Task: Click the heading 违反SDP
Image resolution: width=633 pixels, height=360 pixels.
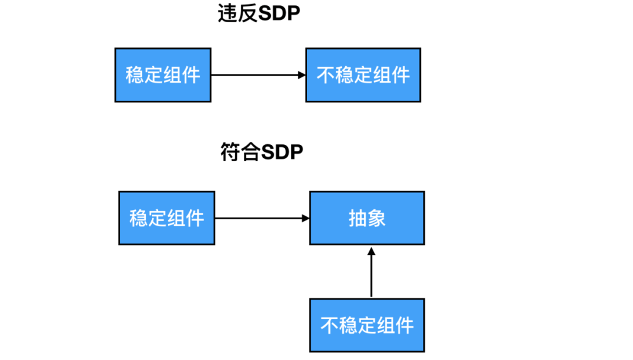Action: pos(258,14)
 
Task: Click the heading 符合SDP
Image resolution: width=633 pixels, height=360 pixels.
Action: pos(261,152)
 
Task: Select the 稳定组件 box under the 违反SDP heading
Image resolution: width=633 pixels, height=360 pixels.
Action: pos(162,75)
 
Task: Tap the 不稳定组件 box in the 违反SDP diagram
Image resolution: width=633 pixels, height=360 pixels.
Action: pos(363,75)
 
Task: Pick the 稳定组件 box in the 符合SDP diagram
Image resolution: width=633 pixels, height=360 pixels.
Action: pos(166,218)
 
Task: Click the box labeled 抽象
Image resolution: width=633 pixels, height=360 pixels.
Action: pos(367,218)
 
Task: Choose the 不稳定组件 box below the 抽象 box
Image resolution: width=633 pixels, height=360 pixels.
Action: pos(367,325)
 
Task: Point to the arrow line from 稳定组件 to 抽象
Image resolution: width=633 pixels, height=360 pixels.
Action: pos(258,218)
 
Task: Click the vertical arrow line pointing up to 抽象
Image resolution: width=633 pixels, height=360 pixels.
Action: pos(371,276)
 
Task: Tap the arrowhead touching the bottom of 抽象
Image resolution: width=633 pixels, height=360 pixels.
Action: pos(371,250)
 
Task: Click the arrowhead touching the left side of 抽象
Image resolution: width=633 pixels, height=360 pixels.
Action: pos(305,218)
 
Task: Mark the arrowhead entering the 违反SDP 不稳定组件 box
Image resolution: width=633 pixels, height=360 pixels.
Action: pos(302,75)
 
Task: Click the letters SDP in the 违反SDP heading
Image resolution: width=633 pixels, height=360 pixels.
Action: pos(279,14)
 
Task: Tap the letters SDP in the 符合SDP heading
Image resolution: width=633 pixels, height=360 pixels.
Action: pos(282,152)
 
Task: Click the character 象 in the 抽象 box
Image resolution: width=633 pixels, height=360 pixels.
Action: pos(376,218)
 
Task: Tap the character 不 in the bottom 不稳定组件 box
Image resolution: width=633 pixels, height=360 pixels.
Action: pos(330,325)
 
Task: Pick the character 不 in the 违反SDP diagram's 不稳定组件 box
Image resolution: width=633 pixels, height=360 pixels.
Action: pos(326,75)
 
